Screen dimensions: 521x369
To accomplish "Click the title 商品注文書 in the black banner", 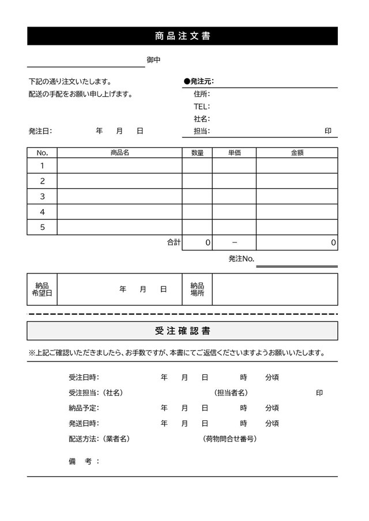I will pyautogui.click(x=182, y=36).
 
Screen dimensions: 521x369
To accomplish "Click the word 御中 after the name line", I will pyautogui.click(x=153, y=60).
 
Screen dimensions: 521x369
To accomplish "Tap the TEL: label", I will pyautogui.click(x=201, y=107).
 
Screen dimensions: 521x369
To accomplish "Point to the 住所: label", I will pyautogui.click(x=202, y=94).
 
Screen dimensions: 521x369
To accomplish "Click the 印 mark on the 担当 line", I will pyautogui.click(x=327, y=131).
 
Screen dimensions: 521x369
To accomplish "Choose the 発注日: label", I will pyautogui.click(x=40, y=131).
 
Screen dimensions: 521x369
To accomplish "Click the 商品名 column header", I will pyautogui.click(x=119, y=153).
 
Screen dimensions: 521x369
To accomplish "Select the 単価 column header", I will pyautogui.click(x=234, y=153).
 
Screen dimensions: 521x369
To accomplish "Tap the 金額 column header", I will pyautogui.click(x=297, y=153).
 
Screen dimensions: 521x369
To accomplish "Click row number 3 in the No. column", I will pyautogui.click(x=42, y=196).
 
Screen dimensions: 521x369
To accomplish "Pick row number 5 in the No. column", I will pyautogui.click(x=42, y=227).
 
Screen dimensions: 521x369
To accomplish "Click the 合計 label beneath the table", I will pyautogui.click(x=174, y=243).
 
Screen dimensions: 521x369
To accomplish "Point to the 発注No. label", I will pyautogui.click(x=241, y=259).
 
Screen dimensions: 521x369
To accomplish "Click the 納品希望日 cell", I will pyautogui.click(x=42, y=289).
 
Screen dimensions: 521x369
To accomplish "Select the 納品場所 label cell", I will pyautogui.click(x=197, y=289).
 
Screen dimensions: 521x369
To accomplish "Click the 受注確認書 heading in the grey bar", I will pyautogui.click(x=182, y=331).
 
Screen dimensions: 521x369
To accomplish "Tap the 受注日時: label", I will pyautogui.click(x=84, y=378).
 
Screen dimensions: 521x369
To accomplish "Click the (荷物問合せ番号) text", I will pyautogui.click(x=229, y=439).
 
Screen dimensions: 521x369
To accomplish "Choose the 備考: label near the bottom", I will pyautogui.click(x=84, y=461).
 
